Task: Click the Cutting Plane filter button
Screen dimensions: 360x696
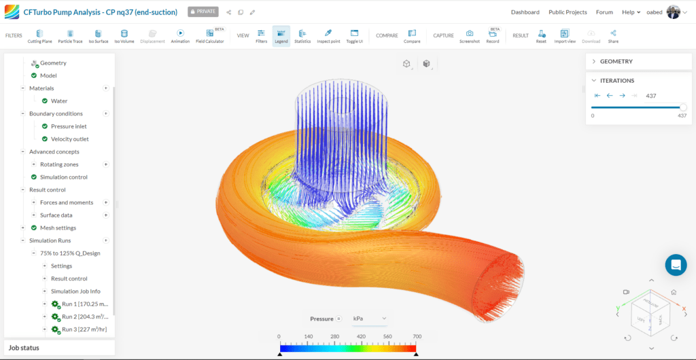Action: (x=40, y=35)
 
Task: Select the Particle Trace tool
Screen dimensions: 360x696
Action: (x=70, y=35)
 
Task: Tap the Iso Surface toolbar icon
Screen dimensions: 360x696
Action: (x=98, y=35)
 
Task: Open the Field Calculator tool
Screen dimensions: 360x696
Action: (x=209, y=35)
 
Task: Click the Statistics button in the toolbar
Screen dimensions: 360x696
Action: (x=302, y=35)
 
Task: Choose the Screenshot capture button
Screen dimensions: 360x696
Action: (x=469, y=35)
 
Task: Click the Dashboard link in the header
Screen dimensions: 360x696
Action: (x=525, y=12)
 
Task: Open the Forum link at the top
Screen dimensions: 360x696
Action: (x=604, y=12)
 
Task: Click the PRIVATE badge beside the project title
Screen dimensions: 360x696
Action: (x=202, y=12)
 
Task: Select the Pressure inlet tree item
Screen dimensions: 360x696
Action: (x=69, y=126)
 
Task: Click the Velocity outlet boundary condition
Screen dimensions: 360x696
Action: (x=69, y=139)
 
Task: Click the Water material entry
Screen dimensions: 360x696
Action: (x=59, y=101)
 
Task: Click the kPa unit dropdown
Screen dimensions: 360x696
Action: (x=369, y=319)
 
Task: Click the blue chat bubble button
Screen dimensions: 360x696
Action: (x=676, y=266)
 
